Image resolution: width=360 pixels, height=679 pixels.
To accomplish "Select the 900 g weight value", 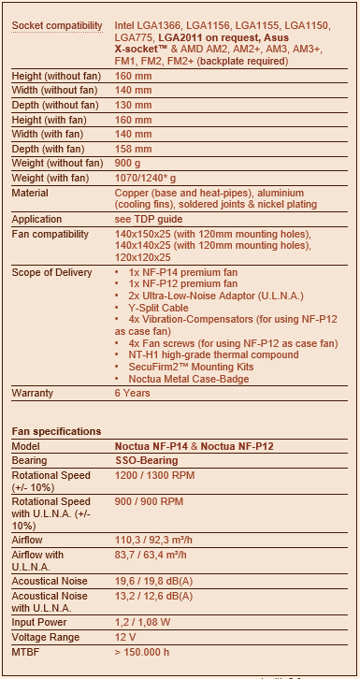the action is point(129,163).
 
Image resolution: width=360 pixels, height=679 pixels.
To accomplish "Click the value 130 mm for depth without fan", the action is point(133,107).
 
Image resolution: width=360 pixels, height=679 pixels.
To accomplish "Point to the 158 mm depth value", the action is point(133,149).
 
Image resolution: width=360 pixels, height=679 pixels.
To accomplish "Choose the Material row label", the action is point(30,193).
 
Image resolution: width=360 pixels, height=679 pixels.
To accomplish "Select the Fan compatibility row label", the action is point(49,234).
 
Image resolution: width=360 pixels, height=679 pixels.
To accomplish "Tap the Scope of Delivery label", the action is point(51,272).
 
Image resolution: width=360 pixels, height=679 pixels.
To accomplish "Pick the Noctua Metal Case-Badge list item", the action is point(188,381).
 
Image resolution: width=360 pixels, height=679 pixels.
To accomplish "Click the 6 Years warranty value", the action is point(133,393).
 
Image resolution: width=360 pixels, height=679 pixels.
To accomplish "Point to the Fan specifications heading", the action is point(57,431).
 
